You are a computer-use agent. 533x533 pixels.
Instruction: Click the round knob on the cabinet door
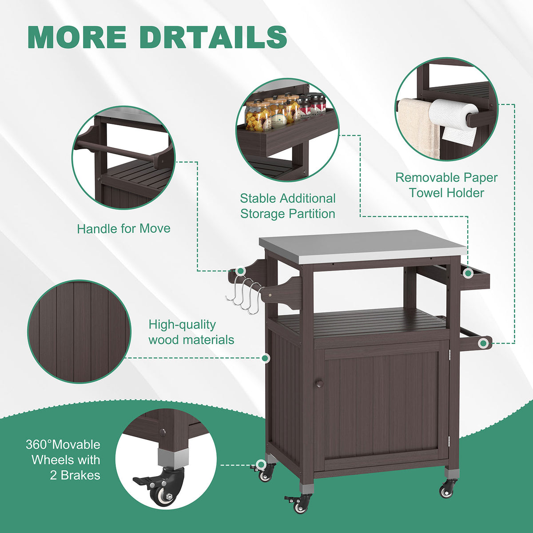tap(319, 384)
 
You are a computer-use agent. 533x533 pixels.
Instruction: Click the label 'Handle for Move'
tap(123, 229)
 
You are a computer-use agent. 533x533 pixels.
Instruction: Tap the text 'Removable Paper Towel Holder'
tap(446, 185)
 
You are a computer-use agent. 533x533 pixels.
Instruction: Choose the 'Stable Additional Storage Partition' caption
tap(288, 206)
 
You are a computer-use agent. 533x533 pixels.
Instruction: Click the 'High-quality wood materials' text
tap(191, 332)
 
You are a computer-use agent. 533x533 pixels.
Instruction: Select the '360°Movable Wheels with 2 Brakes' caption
tap(63, 460)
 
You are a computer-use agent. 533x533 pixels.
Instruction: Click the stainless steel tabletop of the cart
tap(335, 246)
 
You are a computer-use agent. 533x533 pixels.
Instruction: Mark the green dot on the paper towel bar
tap(483, 343)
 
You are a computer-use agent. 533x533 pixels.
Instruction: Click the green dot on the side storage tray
tap(468, 274)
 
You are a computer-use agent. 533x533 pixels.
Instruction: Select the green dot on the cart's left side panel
tap(266, 358)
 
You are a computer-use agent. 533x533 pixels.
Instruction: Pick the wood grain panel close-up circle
tap(79, 332)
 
